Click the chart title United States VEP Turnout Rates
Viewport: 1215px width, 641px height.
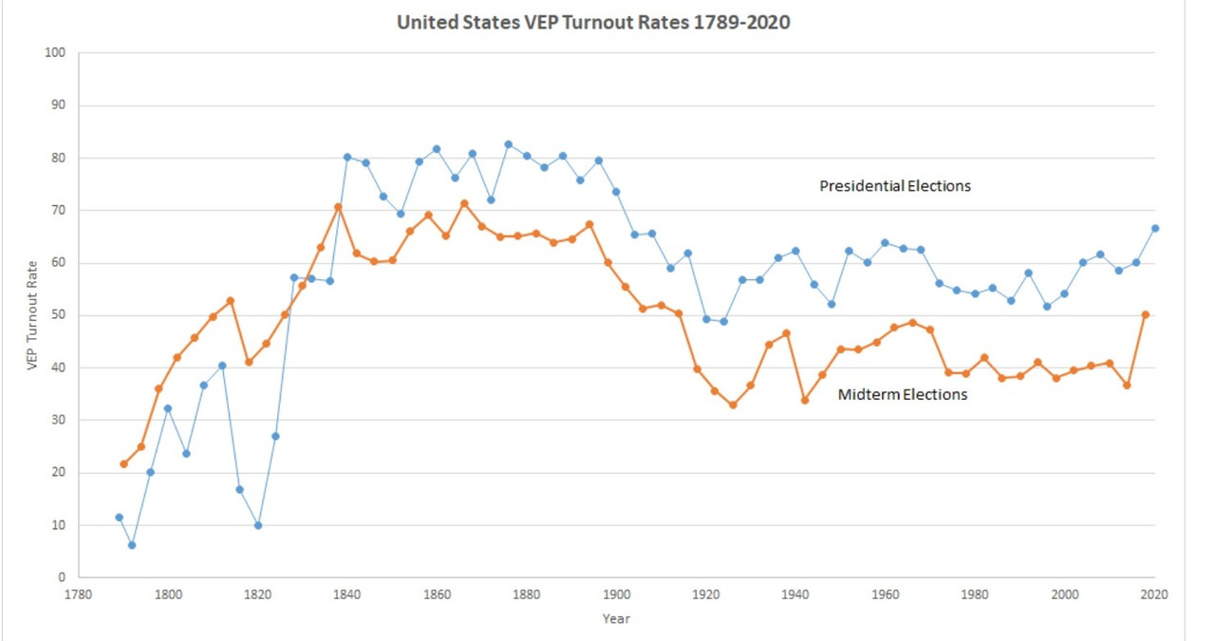point(593,22)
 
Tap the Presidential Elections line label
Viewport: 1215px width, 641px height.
point(895,186)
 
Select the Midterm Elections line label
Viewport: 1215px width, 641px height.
point(902,394)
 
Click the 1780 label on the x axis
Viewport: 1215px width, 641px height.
point(79,594)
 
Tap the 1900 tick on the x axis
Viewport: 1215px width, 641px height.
point(617,594)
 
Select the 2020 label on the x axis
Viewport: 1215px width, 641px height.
point(1154,594)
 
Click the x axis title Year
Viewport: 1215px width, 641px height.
point(616,619)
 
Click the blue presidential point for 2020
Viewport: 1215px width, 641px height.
point(1154,228)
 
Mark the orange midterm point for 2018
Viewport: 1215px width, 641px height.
point(1146,314)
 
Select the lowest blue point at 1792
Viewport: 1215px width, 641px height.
point(132,545)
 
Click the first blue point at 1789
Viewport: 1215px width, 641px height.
point(119,518)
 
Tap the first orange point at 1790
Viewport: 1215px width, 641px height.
point(123,464)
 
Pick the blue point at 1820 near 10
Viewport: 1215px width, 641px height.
point(258,525)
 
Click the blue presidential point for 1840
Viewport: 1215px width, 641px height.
point(347,157)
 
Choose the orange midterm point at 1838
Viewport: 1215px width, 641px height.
point(338,207)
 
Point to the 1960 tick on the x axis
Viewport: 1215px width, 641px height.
point(886,594)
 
